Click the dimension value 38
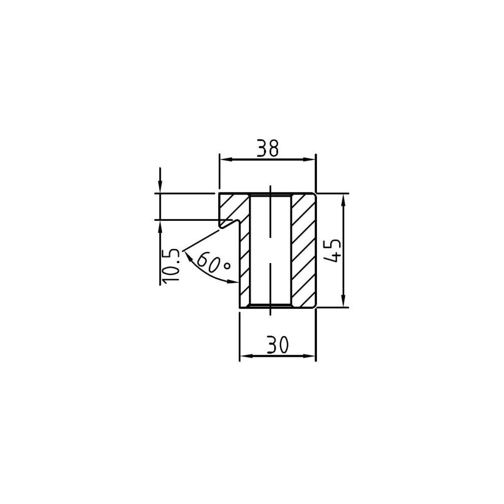[x=268, y=148]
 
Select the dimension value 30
[x=277, y=345]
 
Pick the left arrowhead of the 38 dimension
[x=226, y=159]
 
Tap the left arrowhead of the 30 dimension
[x=246, y=356]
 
